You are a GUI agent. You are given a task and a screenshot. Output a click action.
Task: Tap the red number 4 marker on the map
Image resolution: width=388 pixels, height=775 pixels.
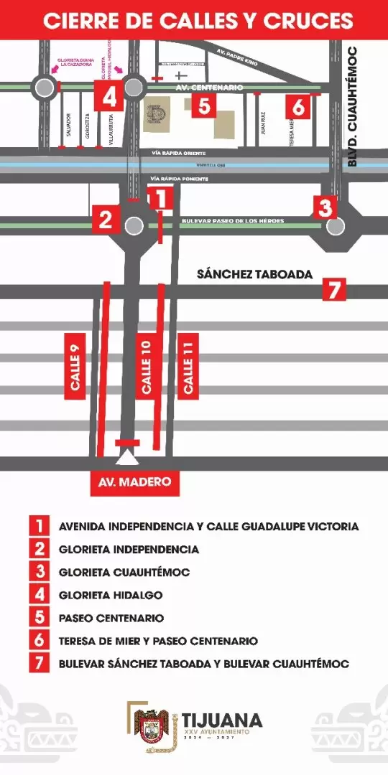coord(108,95)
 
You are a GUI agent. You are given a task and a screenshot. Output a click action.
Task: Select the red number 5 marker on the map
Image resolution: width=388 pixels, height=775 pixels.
coord(205,106)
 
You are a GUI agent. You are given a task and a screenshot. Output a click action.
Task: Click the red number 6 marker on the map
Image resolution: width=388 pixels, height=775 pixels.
coord(299,106)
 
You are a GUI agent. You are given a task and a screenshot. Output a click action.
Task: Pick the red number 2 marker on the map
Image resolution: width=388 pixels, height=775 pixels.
coord(106,218)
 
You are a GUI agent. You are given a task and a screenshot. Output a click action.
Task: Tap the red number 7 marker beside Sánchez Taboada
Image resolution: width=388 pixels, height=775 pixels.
coord(333,289)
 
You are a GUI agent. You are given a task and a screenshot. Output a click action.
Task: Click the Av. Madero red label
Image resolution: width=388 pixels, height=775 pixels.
coord(135,482)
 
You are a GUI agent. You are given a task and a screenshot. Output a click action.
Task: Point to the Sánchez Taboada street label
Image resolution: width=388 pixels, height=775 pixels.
coord(254,274)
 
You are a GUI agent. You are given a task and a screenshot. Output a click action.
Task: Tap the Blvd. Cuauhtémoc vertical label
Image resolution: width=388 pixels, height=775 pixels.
coord(352,107)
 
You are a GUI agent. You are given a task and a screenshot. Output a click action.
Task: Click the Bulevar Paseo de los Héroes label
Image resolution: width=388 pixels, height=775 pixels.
coord(233,220)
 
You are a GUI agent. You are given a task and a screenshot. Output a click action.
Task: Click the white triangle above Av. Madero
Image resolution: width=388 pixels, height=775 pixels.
coord(127,457)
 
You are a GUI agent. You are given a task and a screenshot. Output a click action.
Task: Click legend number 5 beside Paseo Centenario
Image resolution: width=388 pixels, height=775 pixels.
coord(39,618)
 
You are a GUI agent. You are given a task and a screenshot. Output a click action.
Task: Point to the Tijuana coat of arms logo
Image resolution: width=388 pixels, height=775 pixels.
coord(151,725)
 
